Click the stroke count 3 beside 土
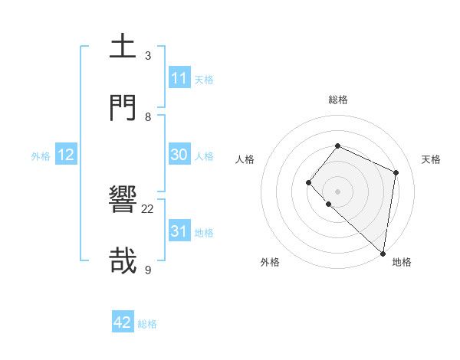pos(148,56)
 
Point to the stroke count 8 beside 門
pos(148,116)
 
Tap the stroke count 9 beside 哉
pos(148,270)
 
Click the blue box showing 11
pos(179,78)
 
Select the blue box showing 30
pos(179,155)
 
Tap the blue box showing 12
pos(66,155)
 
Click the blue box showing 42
pos(123,322)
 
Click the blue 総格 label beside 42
pos(147,324)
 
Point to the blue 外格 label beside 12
pos(41,156)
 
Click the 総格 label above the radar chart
pos(338,100)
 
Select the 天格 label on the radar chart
pos(431,159)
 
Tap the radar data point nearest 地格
pos(383,254)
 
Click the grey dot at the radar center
pos(337,191)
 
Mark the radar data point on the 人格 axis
pos(308,182)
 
